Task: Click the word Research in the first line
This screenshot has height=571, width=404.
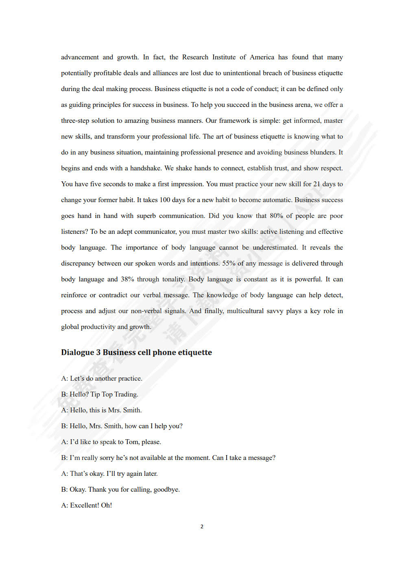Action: [x=195, y=57]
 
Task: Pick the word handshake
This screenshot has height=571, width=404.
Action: [x=145, y=168]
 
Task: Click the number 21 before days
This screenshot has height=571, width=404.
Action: [x=317, y=184]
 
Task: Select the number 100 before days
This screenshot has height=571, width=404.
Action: [x=165, y=200]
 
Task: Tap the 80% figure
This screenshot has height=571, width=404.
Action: [x=276, y=216]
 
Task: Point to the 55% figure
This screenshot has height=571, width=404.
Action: [x=229, y=264]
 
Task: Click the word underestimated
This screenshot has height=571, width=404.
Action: [x=275, y=248]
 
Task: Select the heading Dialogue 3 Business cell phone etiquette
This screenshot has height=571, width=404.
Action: [x=136, y=353]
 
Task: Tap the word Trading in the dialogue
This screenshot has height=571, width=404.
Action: [x=126, y=394]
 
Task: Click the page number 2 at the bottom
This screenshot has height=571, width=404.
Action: [x=202, y=527]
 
